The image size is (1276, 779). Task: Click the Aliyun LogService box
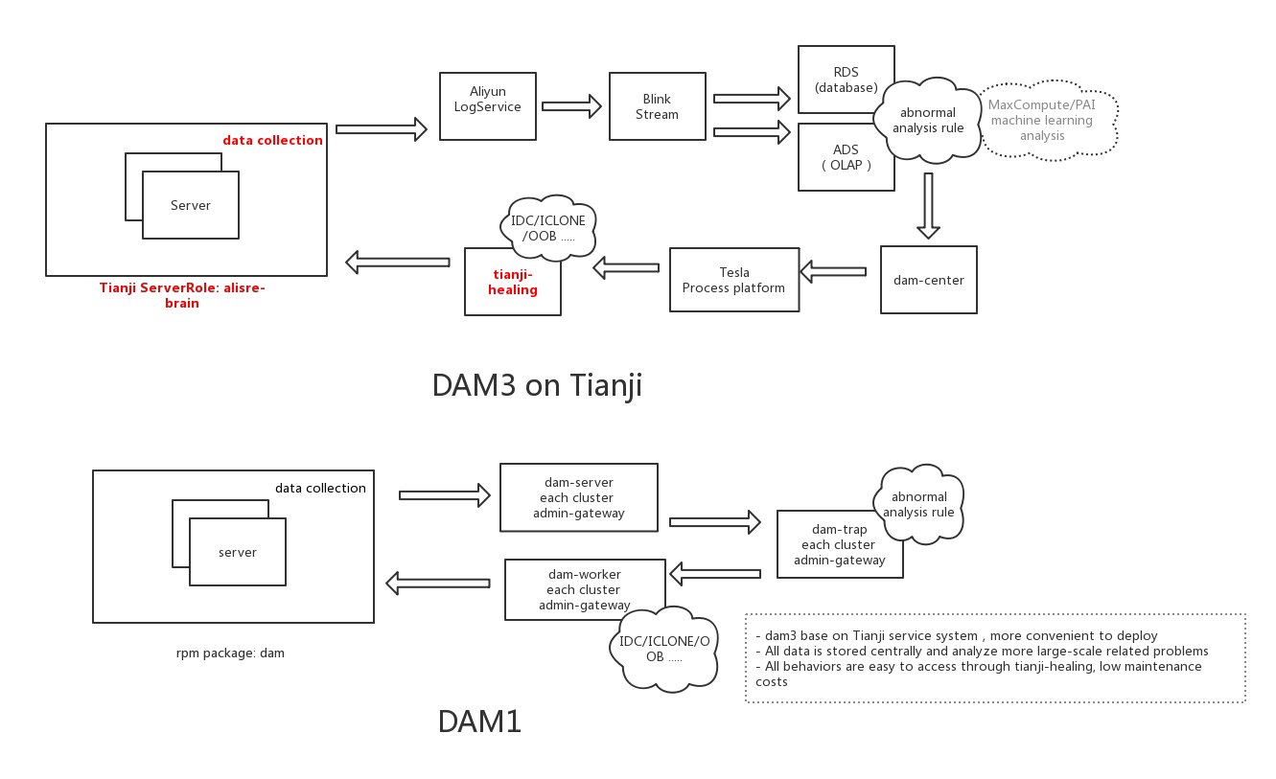tap(487, 105)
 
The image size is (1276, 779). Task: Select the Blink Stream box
tap(657, 106)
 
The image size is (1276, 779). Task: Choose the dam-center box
tap(928, 280)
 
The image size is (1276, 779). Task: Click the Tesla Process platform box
tap(733, 280)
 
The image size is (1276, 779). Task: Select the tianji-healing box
tap(513, 284)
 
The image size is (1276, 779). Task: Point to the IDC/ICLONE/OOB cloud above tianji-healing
tap(547, 228)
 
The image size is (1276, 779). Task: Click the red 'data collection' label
tap(272, 140)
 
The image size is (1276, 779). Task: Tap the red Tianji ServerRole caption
tap(182, 295)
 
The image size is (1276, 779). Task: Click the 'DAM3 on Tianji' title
tap(537, 385)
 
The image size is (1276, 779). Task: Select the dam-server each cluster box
tap(578, 497)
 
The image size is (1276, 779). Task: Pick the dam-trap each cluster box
tap(839, 544)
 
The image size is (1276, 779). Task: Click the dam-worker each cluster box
tap(585, 589)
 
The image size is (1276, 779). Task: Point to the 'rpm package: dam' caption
tap(230, 653)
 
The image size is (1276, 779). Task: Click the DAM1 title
tap(479, 722)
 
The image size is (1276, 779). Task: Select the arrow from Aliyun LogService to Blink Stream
tap(571, 106)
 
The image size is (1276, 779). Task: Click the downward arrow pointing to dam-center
tap(927, 205)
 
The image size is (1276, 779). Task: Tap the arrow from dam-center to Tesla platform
tap(832, 272)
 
